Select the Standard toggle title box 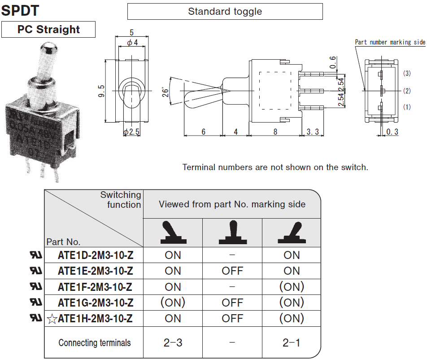(x=225, y=12)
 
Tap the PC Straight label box (x=48, y=30)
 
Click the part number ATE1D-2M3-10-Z (x=95, y=255)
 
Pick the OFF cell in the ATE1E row (x=232, y=271)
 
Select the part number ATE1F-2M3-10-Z (x=95, y=287)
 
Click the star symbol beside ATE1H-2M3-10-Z (x=52, y=319)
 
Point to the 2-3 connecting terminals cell (x=173, y=343)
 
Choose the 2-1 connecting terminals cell (x=292, y=343)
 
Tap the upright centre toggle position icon (x=232, y=233)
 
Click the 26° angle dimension (x=166, y=92)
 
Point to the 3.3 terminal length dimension (x=313, y=132)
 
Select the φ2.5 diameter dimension (x=132, y=132)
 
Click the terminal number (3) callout (x=407, y=73)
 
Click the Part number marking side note (x=390, y=42)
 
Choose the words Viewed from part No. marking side (x=232, y=205)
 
